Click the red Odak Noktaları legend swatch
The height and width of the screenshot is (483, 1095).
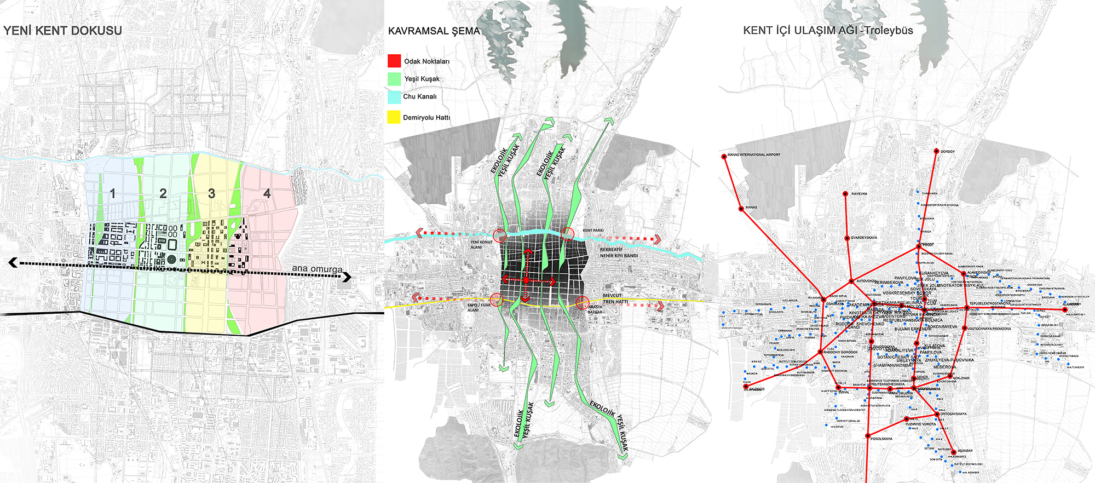coord(394,61)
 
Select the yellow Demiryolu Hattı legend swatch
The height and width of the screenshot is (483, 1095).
coord(394,117)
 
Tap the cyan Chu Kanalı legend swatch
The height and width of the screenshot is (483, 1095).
coord(394,97)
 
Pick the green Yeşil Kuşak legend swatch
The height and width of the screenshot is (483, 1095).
coord(394,79)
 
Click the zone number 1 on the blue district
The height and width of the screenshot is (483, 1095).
coord(112,193)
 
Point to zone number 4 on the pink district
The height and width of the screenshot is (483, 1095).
coord(267,193)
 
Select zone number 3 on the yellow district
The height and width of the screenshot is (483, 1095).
coord(211,193)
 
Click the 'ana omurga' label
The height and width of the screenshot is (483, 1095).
coord(316,269)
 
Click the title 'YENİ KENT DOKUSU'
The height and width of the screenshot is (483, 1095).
coord(62,31)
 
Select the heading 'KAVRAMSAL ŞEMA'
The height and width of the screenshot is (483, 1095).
coord(434,31)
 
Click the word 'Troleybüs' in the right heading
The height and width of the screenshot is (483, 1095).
coord(889,31)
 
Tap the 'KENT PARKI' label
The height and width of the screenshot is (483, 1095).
coord(593,231)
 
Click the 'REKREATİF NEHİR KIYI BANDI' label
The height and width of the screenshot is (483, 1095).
coord(619,252)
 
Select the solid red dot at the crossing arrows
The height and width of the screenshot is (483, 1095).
coord(526,280)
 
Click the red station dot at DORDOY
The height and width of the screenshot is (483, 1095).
coord(936,151)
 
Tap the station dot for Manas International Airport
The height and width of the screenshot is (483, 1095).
coord(724,157)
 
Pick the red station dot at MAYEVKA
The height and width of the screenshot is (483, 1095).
coord(846,193)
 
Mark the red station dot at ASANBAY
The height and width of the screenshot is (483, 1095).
coord(954,452)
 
